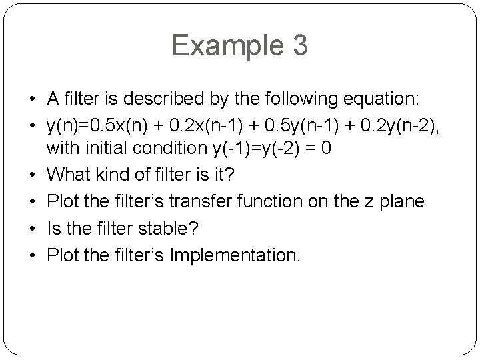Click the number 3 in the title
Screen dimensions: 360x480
tap(299, 45)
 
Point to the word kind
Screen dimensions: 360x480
tap(113, 175)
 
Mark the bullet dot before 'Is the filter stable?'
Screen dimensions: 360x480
tap(33, 227)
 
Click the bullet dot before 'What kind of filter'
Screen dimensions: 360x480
tap(33, 175)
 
